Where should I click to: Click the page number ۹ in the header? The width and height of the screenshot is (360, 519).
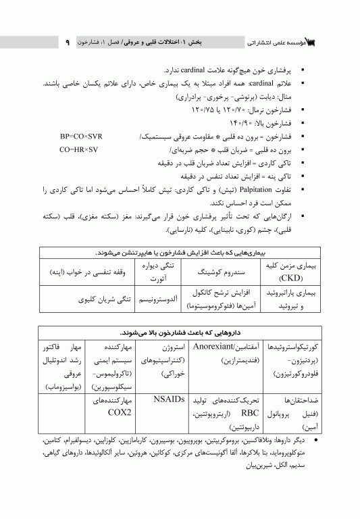click(68, 43)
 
